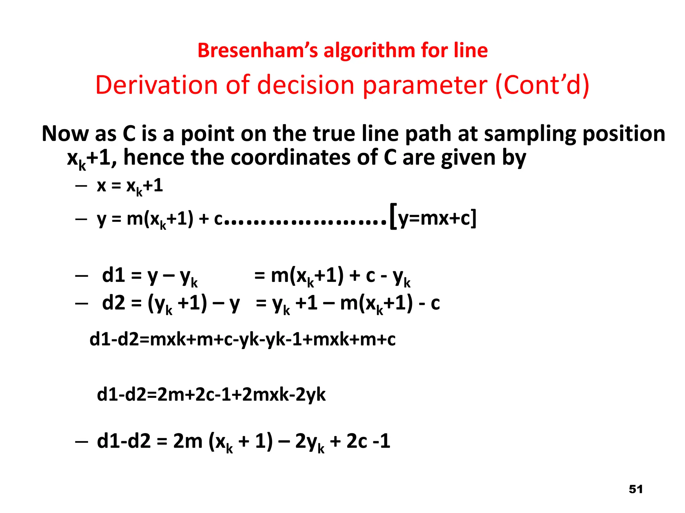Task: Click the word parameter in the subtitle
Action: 425,85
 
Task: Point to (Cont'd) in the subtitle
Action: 542,85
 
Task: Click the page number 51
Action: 635,489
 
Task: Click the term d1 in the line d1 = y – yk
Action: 113,276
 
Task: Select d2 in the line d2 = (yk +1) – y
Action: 113,303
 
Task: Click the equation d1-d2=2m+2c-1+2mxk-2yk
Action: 211,395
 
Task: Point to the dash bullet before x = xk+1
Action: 81,186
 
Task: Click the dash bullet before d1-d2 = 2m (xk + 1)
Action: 81,442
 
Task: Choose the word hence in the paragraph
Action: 154,157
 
